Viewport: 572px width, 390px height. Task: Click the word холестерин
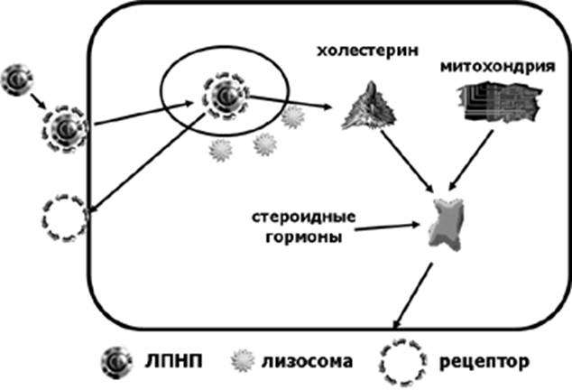367,51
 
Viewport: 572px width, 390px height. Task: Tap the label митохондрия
498,67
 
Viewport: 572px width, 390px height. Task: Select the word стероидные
303,218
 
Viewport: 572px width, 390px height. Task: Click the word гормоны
304,237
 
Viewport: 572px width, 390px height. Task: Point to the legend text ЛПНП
173,361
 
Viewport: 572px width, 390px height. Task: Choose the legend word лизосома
307,361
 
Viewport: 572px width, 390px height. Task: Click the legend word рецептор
484,362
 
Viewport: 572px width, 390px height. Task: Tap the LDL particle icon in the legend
116,362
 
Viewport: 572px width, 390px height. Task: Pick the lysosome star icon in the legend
243,361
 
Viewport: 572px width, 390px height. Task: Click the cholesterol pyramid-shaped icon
369,106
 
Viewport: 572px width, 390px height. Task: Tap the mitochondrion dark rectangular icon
499,102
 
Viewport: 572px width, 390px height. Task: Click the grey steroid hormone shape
446,224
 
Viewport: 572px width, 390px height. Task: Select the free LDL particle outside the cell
17,80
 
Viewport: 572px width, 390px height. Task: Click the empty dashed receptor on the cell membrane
44,218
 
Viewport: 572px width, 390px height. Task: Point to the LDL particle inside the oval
226,96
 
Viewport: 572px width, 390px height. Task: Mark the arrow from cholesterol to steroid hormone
406,161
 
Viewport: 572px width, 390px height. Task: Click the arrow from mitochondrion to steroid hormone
471,161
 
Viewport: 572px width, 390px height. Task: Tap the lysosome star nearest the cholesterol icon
293,117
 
